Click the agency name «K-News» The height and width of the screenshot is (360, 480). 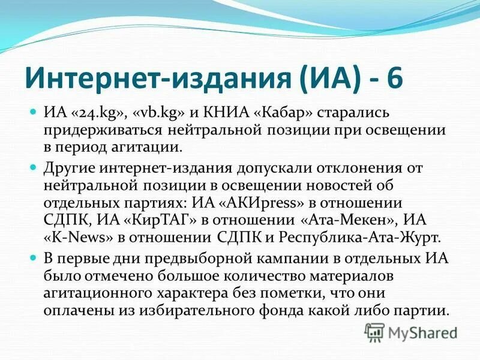[x=78, y=236]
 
